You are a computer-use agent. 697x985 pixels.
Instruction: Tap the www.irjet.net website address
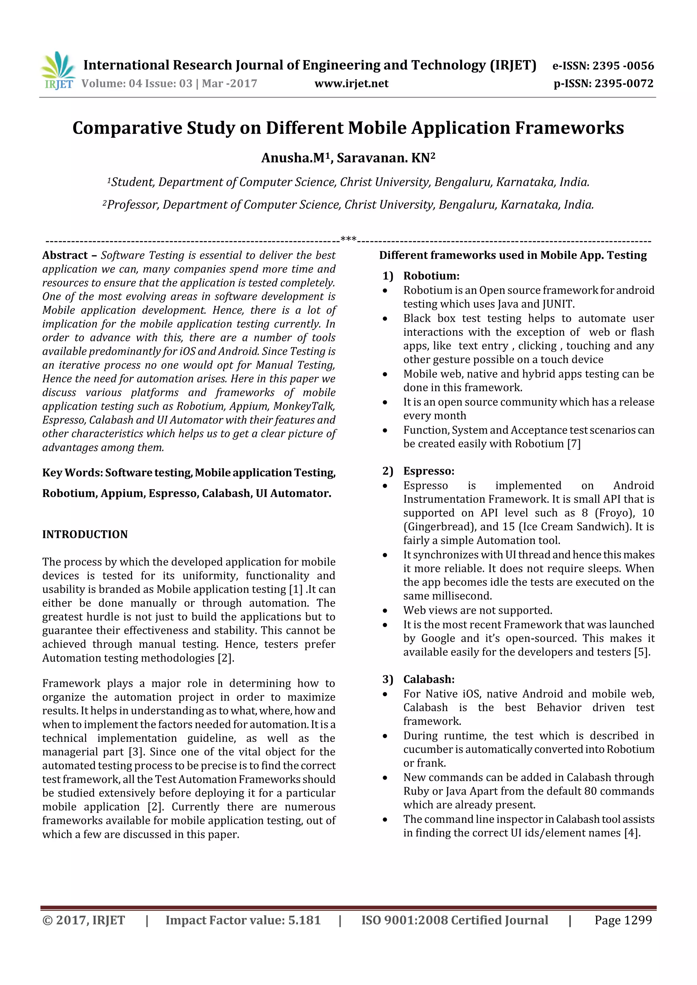pos(351,84)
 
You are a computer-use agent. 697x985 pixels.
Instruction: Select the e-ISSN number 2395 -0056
pos(623,66)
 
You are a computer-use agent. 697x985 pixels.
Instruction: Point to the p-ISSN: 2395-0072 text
pos(603,84)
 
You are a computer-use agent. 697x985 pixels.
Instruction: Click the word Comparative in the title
pos(127,128)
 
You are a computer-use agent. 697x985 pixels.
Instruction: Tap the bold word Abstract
pos(65,255)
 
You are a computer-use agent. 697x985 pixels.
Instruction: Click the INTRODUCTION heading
pos(85,534)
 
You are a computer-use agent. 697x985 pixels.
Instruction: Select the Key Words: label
pos(72,473)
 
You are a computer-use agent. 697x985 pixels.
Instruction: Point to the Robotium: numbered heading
pos(431,276)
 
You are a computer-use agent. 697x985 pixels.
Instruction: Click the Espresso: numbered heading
pos(428,471)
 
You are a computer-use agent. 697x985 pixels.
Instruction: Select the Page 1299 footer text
pos(623,920)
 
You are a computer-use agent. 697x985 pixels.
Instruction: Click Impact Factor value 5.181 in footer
pos(243,920)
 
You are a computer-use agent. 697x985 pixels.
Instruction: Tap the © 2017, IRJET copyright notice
pos(83,920)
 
